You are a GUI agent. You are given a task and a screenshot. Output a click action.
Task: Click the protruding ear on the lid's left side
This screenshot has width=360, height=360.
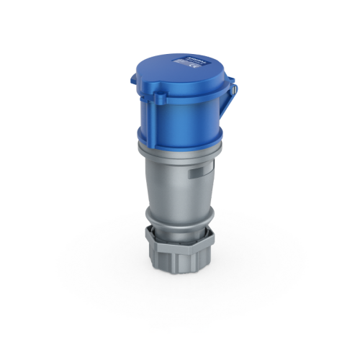coord(137,81)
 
